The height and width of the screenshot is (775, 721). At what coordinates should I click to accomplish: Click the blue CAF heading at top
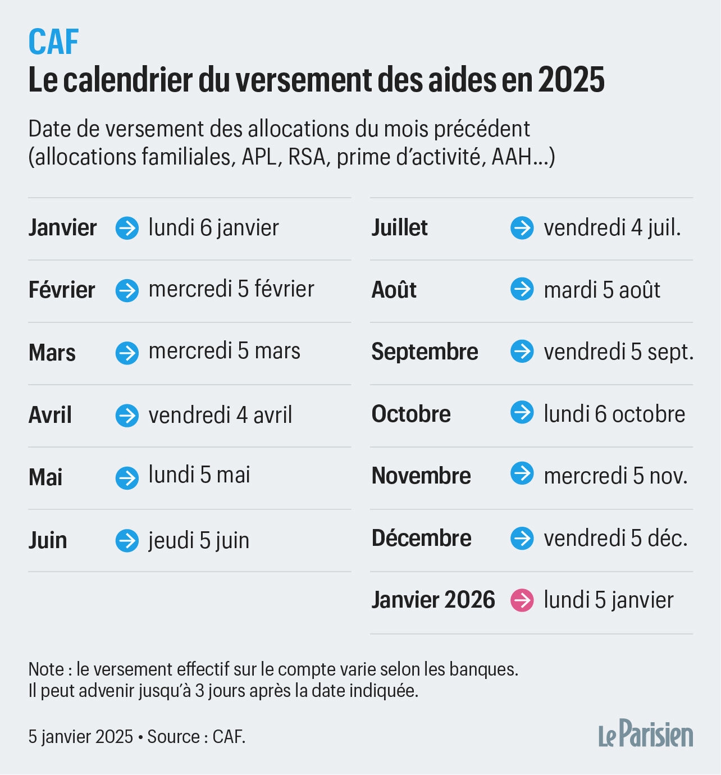pyautogui.click(x=53, y=42)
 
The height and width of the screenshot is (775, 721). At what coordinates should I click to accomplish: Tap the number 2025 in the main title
pyautogui.click(x=571, y=80)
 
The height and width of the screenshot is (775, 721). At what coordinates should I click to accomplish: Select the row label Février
pyautogui.click(x=62, y=290)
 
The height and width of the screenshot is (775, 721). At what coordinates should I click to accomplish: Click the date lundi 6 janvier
pyautogui.click(x=213, y=228)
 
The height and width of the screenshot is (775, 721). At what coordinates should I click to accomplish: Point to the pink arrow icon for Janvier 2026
pyautogui.click(x=522, y=601)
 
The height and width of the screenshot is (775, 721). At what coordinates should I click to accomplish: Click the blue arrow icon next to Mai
pyautogui.click(x=127, y=478)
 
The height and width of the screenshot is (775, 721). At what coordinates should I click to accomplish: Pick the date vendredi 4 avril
pyautogui.click(x=220, y=416)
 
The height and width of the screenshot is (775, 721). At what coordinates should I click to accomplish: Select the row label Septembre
pyautogui.click(x=425, y=352)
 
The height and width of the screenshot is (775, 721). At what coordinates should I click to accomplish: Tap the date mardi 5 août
pyautogui.click(x=601, y=290)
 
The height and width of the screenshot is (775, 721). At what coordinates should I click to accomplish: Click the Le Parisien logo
pyautogui.click(x=645, y=734)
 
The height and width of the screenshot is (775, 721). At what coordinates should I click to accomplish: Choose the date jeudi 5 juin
pyautogui.click(x=199, y=541)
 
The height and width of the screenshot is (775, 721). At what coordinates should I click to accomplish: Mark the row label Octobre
pyautogui.click(x=411, y=414)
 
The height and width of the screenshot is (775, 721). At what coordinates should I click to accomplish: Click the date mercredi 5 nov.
pyautogui.click(x=615, y=476)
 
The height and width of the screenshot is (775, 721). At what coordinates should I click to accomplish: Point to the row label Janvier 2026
pyautogui.click(x=433, y=600)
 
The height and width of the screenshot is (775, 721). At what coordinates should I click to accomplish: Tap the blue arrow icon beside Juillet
pyautogui.click(x=522, y=228)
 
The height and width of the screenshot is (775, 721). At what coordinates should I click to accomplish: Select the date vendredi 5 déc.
pyautogui.click(x=615, y=539)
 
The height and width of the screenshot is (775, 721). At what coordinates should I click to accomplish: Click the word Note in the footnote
pyautogui.click(x=47, y=669)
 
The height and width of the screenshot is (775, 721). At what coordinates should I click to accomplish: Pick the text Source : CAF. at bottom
pyautogui.click(x=196, y=737)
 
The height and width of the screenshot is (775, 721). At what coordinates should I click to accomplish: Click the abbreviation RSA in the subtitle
pyautogui.click(x=307, y=157)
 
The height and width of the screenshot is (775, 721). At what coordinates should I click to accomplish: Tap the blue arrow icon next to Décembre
pyautogui.click(x=522, y=539)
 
